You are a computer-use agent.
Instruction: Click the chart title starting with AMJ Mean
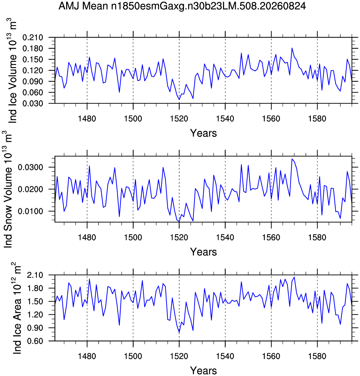coord(182,6)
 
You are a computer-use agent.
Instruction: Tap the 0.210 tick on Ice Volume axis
coord(33,38)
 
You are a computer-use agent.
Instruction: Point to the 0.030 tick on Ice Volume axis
coord(33,103)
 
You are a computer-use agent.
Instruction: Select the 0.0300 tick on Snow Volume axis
coord(30,167)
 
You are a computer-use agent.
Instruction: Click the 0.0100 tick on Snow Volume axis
coord(30,211)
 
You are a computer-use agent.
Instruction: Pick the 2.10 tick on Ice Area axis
coord(35,275)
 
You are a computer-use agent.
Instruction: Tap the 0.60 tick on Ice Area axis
coord(35,341)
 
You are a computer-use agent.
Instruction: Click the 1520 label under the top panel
coord(179,119)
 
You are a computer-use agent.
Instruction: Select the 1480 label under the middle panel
coord(87,237)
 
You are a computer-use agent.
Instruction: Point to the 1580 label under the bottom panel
coord(317,356)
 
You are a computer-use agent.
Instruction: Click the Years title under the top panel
coord(203,133)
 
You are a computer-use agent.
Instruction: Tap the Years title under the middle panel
coord(203,252)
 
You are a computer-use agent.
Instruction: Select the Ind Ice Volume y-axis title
coord(12,71)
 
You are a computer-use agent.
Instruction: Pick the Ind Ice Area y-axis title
coord(17,308)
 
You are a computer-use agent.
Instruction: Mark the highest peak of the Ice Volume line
coord(292,48)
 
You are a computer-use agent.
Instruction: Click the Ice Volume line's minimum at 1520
coord(179,100)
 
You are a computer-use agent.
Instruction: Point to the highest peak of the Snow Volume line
coord(292,159)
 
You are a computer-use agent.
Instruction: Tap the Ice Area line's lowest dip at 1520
coord(179,333)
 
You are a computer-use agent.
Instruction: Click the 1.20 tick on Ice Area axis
coord(35,315)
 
